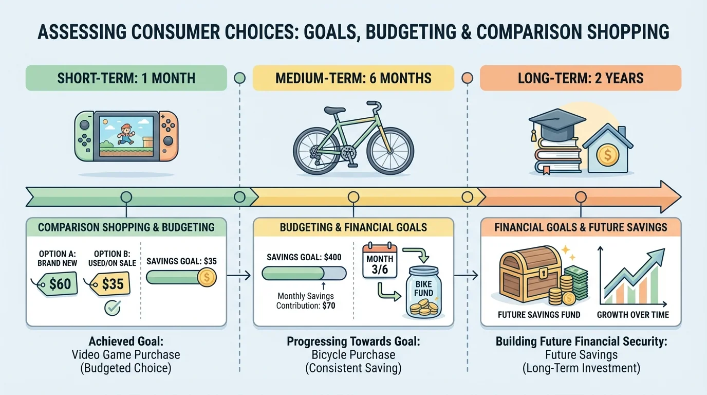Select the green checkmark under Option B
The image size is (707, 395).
click(112, 308)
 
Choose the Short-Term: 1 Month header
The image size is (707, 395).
click(126, 78)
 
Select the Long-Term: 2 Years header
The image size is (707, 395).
click(581, 78)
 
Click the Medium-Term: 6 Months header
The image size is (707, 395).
click(353, 78)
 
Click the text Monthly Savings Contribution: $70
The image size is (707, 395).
click(306, 301)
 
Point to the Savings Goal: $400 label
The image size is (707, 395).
click(304, 257)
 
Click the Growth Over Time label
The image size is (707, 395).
click(633, 314)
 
